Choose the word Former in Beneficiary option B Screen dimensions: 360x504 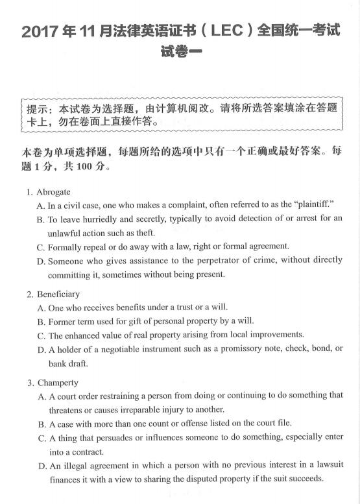click(62, 320)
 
